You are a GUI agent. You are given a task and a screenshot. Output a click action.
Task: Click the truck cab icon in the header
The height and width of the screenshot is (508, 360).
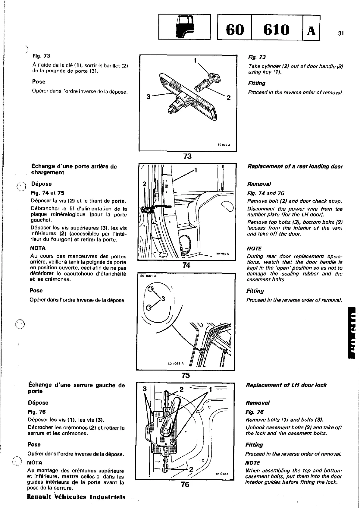(x=184, y=27)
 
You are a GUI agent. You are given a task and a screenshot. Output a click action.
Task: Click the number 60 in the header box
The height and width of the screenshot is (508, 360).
(x=234, y=30)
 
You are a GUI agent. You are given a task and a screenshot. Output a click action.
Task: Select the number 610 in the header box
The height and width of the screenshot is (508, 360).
(x=276, y=30)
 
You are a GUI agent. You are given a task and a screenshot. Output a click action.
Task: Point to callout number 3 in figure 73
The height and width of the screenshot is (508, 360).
(x=149, y=97)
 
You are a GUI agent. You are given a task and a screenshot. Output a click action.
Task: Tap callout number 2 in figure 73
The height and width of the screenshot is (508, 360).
(x=228, y=97)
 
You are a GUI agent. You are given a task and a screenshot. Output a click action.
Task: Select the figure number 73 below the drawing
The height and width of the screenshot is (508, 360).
(x=187, y=156)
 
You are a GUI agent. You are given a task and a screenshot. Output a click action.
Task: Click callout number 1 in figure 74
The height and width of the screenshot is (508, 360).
(x=196, y=170)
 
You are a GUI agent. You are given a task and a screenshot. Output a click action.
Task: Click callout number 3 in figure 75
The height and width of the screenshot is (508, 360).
(x=163, y=299)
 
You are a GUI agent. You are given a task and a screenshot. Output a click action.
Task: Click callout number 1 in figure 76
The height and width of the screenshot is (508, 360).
(x=211, y=389)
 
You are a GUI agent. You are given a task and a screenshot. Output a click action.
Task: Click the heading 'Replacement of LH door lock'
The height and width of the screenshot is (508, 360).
(x=286, y=385)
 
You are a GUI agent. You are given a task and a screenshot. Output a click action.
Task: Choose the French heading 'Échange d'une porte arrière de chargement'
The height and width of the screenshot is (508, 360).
(x=74, y=169)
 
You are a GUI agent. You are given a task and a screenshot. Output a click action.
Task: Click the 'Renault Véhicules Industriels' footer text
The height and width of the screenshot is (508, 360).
(x=76, y=497)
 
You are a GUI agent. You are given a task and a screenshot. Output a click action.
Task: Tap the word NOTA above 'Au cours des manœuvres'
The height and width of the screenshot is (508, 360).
(x=38, y=248)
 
